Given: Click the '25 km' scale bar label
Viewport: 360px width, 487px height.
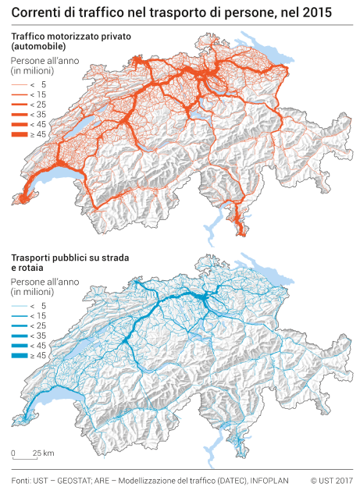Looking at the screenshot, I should tap(44, 453).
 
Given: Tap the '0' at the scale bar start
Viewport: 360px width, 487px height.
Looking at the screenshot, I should tap(14, 453).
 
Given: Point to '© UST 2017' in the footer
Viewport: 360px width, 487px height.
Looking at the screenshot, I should tap(331, 478).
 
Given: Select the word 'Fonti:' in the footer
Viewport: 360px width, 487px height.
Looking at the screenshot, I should tap(21, 478).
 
